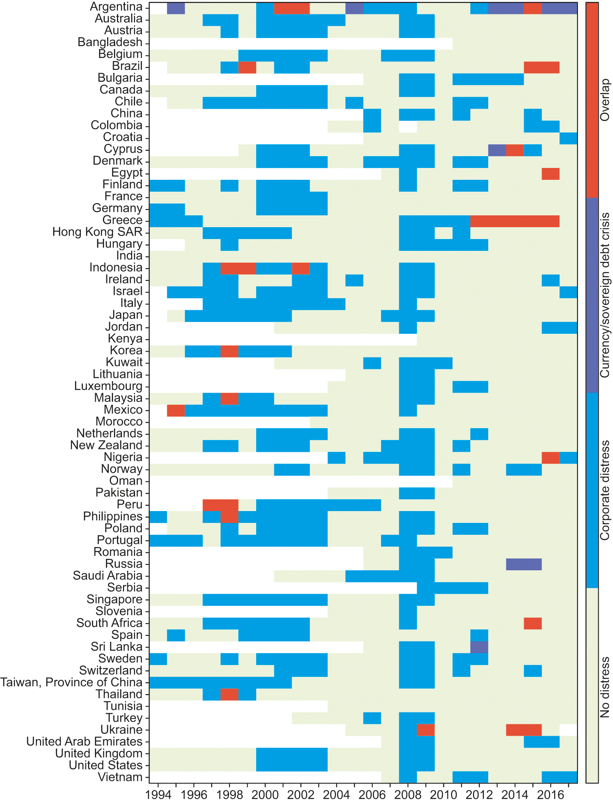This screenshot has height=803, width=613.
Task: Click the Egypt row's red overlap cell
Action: [550, 173]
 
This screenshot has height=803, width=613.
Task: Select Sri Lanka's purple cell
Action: [479, 647]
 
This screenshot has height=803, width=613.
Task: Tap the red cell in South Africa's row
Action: [533, 623]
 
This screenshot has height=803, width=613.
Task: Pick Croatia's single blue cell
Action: [568, 138]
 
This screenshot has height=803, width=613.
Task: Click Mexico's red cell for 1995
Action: [176, 410]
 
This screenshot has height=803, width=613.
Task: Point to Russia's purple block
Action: [524, 564]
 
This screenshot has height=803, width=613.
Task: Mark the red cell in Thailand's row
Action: [229, 694]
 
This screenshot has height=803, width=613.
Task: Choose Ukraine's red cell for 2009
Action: [425, 730]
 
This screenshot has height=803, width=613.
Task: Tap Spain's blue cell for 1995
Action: [176, 635]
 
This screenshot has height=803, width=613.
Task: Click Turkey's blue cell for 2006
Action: [372, 718]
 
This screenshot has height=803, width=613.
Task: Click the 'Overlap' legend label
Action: [605, 100]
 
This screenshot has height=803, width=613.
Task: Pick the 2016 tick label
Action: [550, 795]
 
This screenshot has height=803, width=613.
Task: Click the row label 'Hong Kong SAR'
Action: [97, 232]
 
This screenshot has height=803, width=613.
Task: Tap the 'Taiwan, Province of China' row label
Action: [71, 682]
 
